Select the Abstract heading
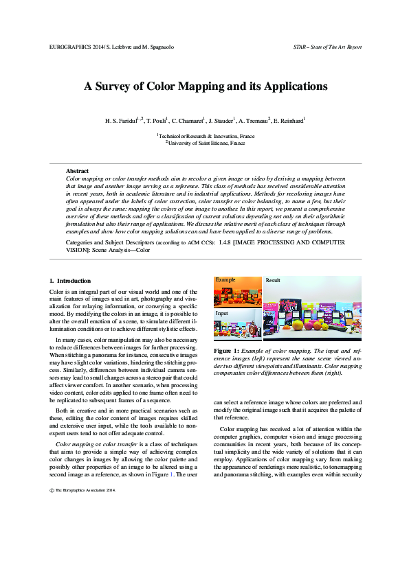tap(77, 170)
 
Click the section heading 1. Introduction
tap(71, 281)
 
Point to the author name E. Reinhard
tap(290, 120)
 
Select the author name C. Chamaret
tap(190, 120)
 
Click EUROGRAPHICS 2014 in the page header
tap(76, 47)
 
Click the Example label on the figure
tap(226, 280)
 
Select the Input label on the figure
tap(222, 313)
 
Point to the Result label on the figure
tap(273, 280)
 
